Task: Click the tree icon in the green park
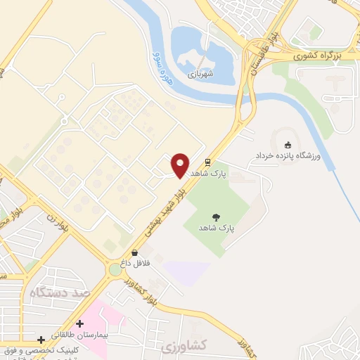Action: [216, 217]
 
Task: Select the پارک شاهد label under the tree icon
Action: [216, 229]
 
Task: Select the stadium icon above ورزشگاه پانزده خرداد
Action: [287, 144]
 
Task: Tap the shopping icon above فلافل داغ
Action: [134, 252]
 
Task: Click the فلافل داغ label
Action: [134, 262]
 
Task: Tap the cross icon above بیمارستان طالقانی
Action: [80, 323]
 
